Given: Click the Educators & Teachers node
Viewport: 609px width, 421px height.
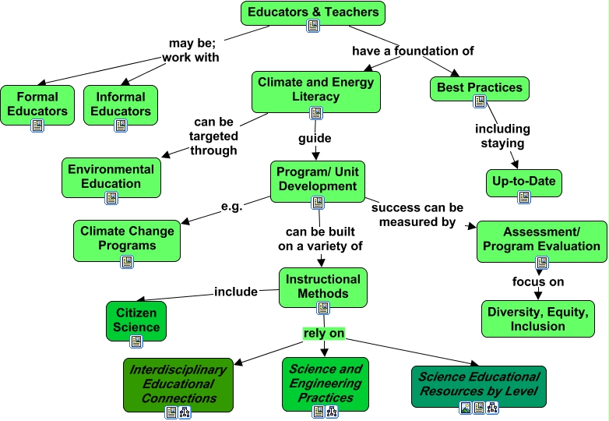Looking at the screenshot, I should point(312,12).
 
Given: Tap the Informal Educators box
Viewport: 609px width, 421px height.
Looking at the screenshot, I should point(121,104).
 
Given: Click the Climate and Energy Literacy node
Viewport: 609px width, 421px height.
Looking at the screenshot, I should point(315,90).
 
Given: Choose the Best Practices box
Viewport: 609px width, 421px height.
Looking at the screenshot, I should point(479,88).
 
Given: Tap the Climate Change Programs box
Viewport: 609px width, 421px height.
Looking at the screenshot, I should point(127,239).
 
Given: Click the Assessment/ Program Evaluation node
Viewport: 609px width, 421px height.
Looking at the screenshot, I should point(541,239).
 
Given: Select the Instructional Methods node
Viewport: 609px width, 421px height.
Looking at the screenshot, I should point(322,286).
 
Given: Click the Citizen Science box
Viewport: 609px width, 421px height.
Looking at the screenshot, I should point(136,320).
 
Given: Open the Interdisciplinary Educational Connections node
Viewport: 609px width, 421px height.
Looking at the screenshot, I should point(178,384).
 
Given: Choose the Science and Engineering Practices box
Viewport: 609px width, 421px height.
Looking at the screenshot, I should point(326,383).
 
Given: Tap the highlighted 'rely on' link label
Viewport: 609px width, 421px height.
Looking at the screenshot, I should point(324,334).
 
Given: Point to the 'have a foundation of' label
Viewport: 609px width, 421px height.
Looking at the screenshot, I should point(413,51).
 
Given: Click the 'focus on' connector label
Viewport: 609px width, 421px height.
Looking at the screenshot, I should point(537,281).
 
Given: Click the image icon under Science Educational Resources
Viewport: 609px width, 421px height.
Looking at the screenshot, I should point(465,408).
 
